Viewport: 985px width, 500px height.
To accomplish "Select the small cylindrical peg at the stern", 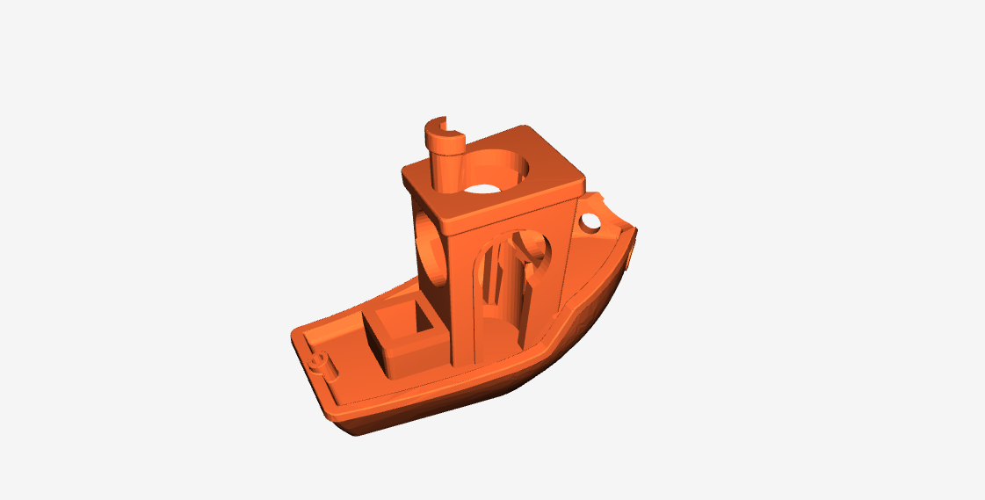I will point(320,361).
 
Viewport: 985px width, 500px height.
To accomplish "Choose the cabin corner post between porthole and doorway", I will point(462,299).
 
